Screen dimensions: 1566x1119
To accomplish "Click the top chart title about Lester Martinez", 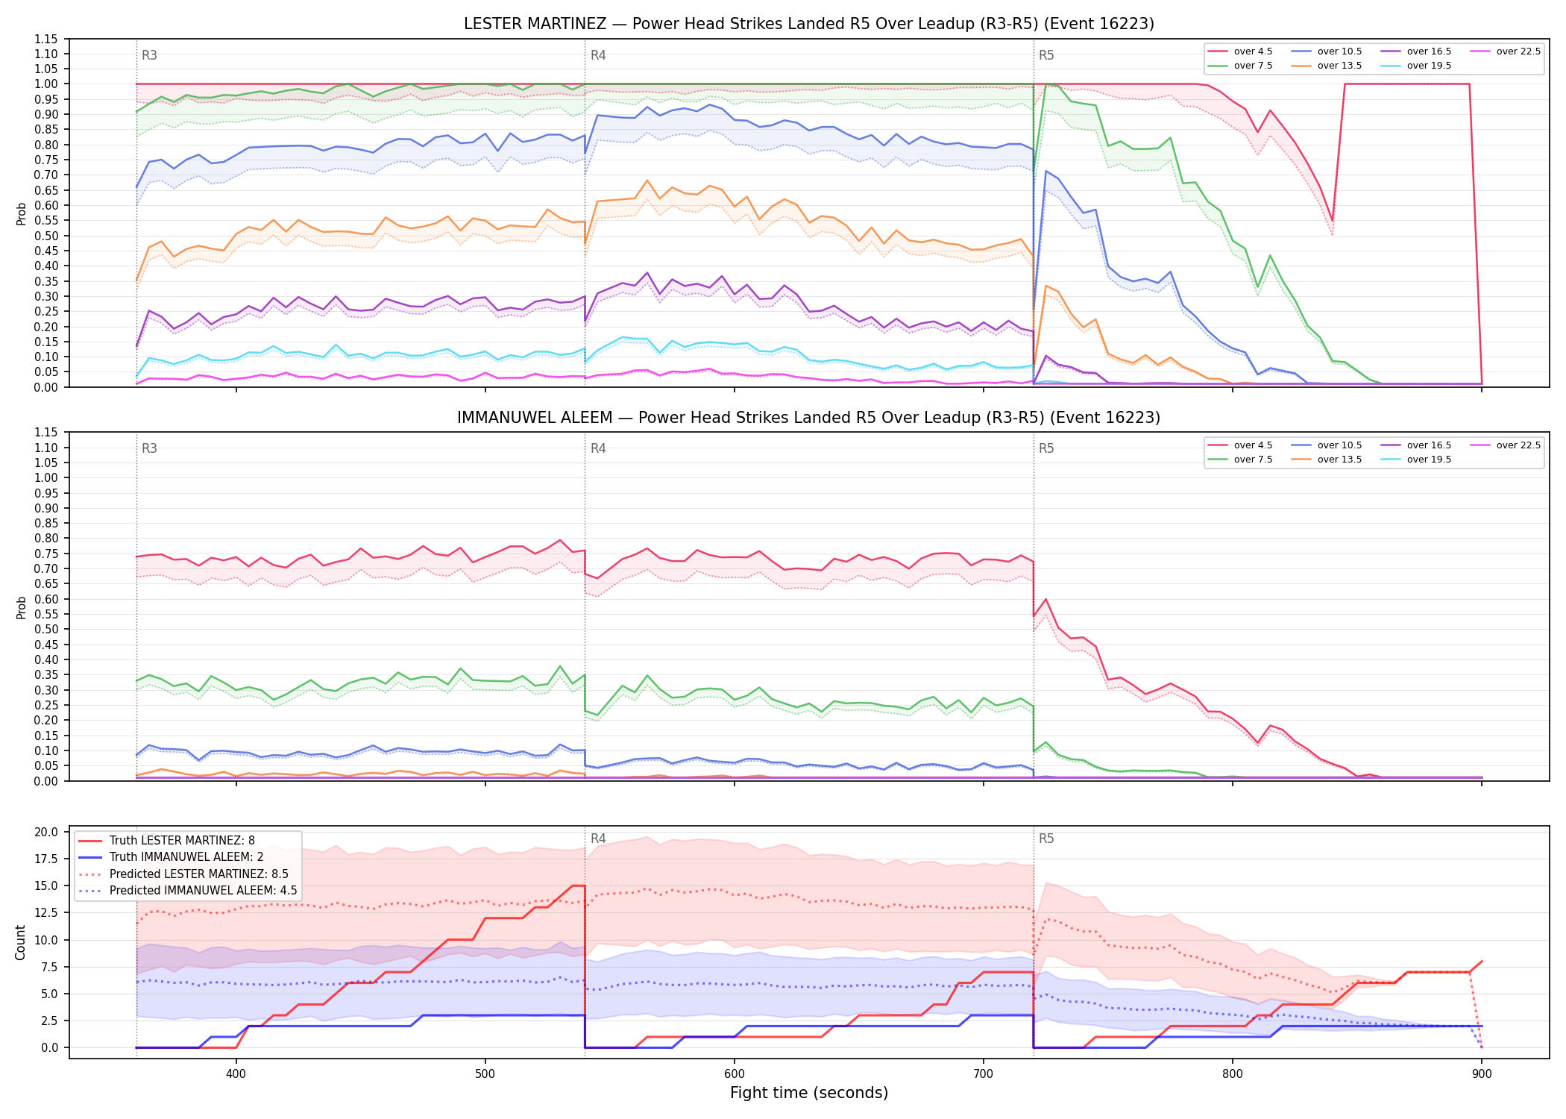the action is [808, 24].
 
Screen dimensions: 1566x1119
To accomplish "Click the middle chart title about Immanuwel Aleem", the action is [808, 418].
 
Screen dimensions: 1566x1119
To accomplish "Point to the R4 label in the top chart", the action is [598, 55].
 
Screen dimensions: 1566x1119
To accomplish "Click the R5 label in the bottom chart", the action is [1046, 839].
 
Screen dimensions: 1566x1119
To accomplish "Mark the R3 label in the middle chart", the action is [149, 448].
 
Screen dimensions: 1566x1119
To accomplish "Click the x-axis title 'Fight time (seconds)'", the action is [809, 1093].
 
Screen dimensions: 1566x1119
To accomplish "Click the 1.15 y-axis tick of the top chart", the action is [45, 39].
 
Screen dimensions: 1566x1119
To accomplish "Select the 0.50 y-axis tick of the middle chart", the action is [45, 630].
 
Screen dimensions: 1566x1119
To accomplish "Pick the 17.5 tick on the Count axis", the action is [48, 859].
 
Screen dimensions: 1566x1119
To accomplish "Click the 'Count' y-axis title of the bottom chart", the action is [20, 942].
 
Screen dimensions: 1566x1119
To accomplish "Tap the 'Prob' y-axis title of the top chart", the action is [21, 213].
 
